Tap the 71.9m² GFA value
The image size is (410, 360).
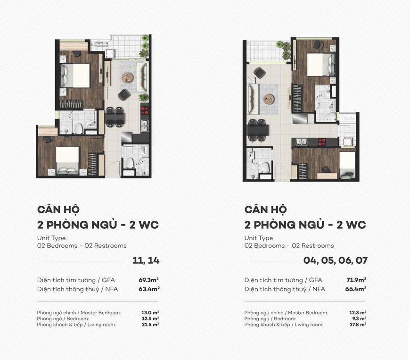(356, 280)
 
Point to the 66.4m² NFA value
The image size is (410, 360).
(356, 289)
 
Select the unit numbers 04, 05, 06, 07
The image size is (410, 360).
(335, 260)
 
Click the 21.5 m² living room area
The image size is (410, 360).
(150, 325)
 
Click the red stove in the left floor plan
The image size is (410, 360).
(144, 111)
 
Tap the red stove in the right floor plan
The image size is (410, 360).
(323, 141)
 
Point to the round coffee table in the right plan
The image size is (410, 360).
(269, 99)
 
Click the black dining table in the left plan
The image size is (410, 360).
(115, 117)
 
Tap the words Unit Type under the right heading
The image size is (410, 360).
(258, 238)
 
